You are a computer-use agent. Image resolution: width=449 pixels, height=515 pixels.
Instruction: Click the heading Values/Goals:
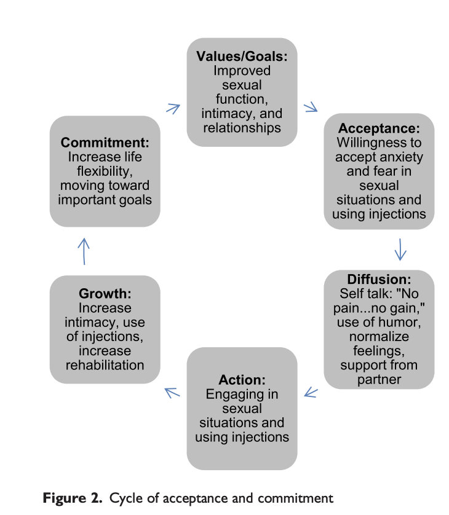(x=242, y=57)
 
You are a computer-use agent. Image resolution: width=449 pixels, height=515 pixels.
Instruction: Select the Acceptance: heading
(x=379, y=130)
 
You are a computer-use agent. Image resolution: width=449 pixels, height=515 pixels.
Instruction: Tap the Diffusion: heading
(x=379, y=280)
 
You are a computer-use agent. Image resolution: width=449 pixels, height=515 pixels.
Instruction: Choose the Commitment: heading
(x=105, y=143)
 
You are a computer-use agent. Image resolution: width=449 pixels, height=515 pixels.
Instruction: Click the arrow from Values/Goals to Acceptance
(x=311, y=108)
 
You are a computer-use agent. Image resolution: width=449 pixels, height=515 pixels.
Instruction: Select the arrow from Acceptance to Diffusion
(x=400, y=249)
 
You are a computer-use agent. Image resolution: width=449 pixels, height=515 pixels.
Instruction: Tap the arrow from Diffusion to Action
(x=311, y=391)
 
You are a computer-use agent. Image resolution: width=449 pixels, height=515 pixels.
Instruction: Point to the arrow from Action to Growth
(x=172, y=391)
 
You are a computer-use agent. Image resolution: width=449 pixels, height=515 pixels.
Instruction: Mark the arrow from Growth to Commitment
(x=84, y=251)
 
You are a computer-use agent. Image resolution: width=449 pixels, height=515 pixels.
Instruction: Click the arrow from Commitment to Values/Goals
(x=173, y=108)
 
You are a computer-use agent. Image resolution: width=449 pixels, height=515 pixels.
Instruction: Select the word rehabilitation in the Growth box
(x=105, y=365)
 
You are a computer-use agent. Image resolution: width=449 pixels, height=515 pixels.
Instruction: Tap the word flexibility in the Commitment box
(x=105, y=171)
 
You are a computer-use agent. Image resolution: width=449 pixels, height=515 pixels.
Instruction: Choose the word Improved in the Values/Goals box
(x=242, y=71)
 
